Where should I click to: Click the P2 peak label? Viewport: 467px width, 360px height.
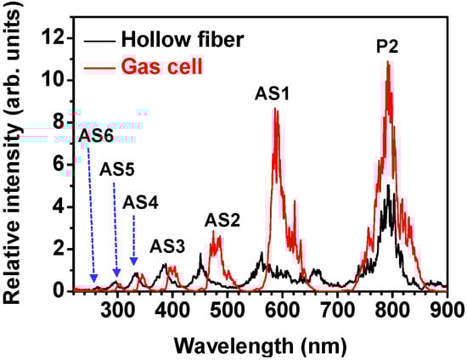[x=388, y=48]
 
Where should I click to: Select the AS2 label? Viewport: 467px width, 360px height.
[x=222, y=221]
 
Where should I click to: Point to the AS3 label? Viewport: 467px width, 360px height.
[x=168, y=246]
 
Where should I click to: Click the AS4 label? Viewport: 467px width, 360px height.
[x=140, y=203]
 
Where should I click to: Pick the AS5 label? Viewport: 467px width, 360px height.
[x=117, y=168]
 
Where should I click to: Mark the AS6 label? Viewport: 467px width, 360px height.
[x=95, y=134]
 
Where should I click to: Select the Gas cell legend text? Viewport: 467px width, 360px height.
[x=160, y=65]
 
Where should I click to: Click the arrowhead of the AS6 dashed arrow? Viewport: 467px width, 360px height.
[x=94, y=279]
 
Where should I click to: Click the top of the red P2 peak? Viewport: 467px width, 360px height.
[x=388, y=62]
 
